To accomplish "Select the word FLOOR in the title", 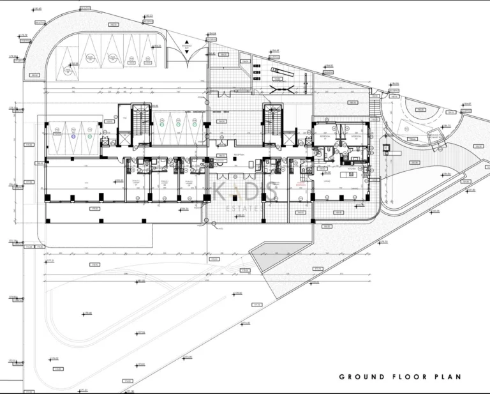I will tap(406, 377).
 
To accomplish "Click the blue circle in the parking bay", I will tap(73, 136).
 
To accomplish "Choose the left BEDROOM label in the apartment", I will tap(324, 136).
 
